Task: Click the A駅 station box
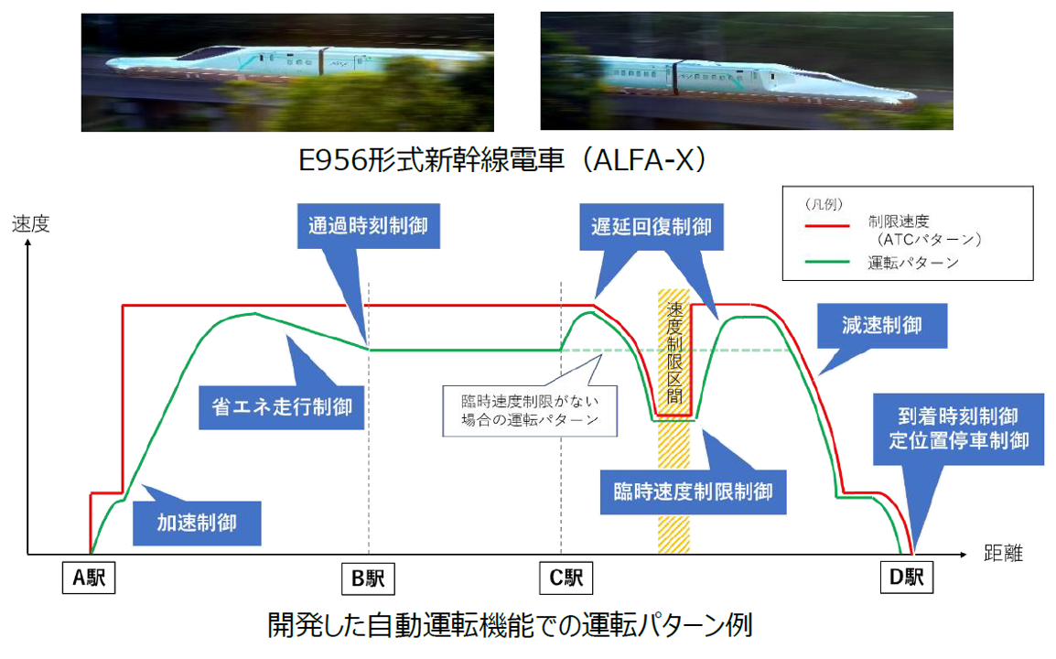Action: [x=91, y=578]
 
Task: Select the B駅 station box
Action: [x=368, y=578]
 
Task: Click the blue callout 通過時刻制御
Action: [x=369, y=223]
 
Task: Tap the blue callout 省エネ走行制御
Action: [x=282, y=404]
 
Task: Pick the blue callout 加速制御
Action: [x=197, y=522]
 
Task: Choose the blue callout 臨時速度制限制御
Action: [x=693, y=492]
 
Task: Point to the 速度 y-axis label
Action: [x=29, y=223]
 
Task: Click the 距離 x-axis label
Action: [x=1003, y=554]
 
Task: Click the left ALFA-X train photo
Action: [x=287, y=71]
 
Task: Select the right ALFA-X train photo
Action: [x=747, y=71]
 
